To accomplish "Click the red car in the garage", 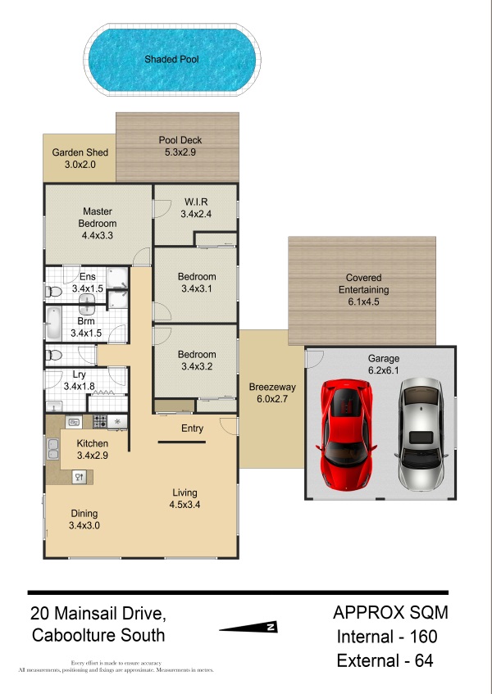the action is [x=346, y=435].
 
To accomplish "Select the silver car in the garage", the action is [x=421, y=434].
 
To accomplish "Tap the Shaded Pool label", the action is [x=172, y=59].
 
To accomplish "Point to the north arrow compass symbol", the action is [x=248, y=627].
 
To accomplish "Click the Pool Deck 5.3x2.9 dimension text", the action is [x=180, y=152].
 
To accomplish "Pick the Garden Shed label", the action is [x=80, y=152].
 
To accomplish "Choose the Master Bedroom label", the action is [x=98, y=217].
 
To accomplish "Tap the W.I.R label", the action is [x=196, y=202].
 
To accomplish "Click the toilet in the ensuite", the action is [x=53, y=292].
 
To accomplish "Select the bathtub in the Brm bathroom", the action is [x=53, y=324].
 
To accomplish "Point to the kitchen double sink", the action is [x=53, y=449].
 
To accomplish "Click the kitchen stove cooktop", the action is [x=100, y=421].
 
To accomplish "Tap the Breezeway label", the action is [x=272, y=387].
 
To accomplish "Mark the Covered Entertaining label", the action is [x=363, y=283].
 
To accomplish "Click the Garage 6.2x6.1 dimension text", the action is [x=384, y=370].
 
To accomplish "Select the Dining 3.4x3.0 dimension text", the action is [x=84, y=525].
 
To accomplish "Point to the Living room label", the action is [x=184, y=492].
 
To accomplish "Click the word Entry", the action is [x=192, y=429].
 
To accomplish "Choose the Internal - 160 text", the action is [x=387, y=637].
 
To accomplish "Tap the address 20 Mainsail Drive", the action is [x=98, y=614].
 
